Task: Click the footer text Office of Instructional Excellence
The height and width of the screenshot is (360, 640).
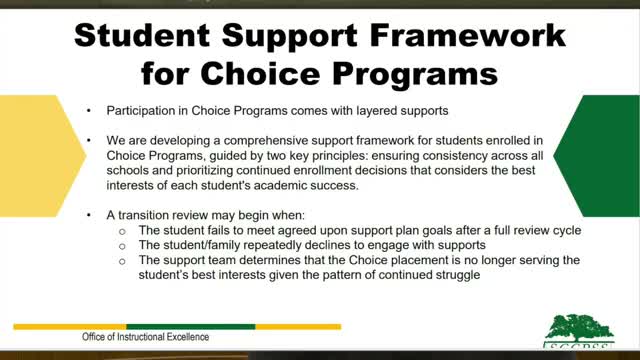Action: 146,338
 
